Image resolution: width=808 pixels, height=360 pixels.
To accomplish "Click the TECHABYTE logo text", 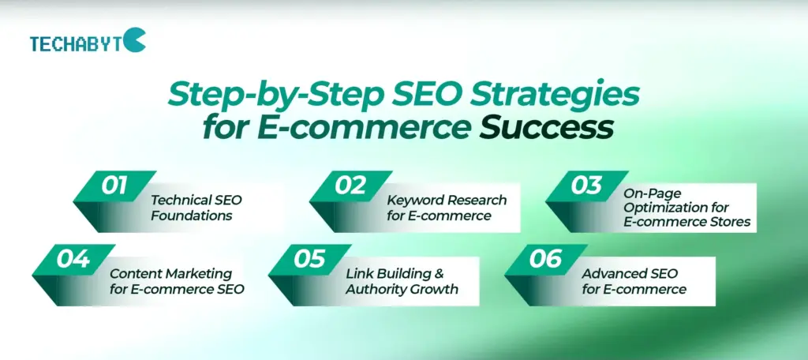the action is point(77,44).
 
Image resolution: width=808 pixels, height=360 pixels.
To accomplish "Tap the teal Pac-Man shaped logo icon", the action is point(134,39).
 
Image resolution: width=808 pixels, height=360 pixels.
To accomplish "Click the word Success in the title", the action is point(546,126).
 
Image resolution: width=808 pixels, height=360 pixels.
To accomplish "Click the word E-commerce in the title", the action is point(364,127).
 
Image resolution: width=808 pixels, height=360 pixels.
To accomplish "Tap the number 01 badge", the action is point(114,186).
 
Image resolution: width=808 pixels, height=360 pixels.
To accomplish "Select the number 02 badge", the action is point(350,186).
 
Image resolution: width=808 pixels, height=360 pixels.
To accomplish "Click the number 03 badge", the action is point(586,186).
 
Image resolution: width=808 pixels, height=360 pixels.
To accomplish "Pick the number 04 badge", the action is point(73,259).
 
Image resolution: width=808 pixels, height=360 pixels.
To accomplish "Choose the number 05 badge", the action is point(309,259).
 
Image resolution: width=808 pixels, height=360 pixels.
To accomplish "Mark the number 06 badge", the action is point(546,259).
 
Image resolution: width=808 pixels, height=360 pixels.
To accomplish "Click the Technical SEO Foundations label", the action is point(196,208).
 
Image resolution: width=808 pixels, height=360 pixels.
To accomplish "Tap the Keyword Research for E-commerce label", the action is point(447,208).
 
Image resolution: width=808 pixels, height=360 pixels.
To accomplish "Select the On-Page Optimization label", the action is point(687,208).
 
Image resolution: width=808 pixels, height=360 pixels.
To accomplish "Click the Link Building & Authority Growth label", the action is point(402,281).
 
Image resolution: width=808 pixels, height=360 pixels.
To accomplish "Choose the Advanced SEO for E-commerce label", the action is point(634,281).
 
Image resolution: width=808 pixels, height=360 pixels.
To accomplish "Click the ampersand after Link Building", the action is point(439,273).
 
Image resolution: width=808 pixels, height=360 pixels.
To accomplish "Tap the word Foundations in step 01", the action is point(192,215).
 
